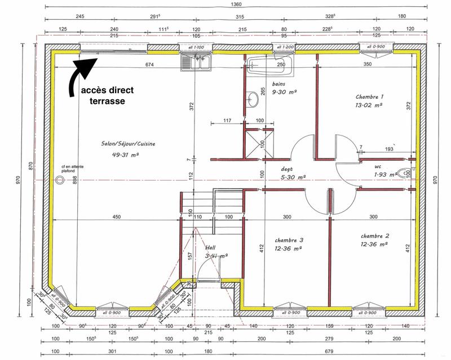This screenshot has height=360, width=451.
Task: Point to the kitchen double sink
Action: (x=195, y=63)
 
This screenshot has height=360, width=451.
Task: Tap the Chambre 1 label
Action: (x=369, y=96)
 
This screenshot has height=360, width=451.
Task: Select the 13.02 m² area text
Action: (x=369, y=105)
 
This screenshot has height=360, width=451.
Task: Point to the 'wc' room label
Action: (x=378, y=167)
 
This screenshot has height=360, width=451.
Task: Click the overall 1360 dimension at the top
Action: (x=229, y=5)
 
